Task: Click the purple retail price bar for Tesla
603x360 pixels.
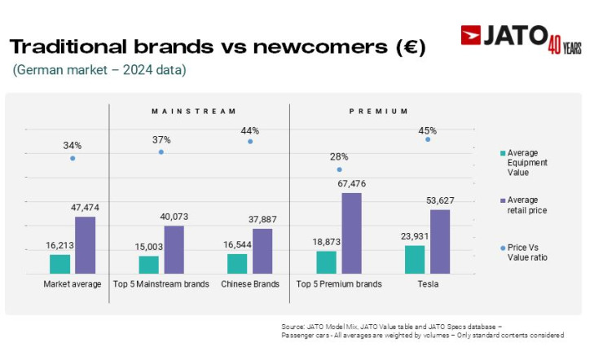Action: (440, 241)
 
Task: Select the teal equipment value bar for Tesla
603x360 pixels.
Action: (415, 259)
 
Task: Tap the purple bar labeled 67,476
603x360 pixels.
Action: (351, 233)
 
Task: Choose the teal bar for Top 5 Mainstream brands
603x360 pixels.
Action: (148, 265)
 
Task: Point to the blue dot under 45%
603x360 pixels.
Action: (428, 139)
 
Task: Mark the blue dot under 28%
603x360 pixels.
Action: (339, 169)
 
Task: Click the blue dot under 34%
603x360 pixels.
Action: (73, 158)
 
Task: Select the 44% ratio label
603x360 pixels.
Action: (249, 130)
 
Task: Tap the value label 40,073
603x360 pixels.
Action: (174, 217)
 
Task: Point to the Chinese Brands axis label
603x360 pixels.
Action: (249, 284)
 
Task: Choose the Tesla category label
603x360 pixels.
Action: (427, 284)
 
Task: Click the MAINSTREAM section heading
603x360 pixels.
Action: (194, 111)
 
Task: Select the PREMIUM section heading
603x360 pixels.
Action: (374, 111)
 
